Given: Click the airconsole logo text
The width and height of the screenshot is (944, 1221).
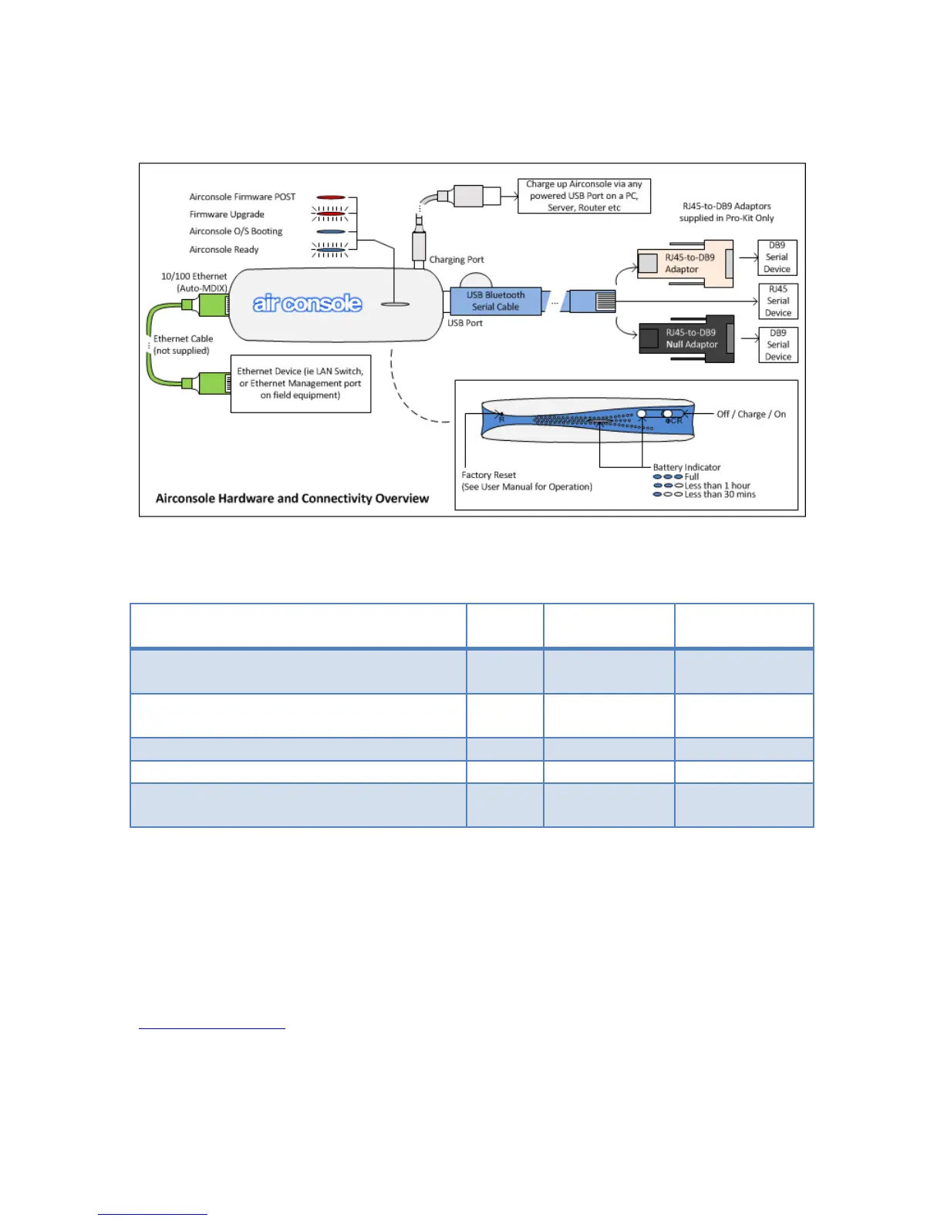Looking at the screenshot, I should pyautogui.click(x=307, y=303).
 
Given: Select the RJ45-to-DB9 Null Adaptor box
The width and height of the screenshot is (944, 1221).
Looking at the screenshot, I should pyautogui.click(x=686, y=338).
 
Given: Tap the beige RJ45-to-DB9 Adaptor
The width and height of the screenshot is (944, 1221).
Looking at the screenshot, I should pyautogui.click(x=685, y=264).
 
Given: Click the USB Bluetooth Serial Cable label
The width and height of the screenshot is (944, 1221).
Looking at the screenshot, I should pyautogui.click(x=495, y=301).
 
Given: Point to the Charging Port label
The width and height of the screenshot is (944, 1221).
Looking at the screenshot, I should pyautogui.click(x=457, y=260).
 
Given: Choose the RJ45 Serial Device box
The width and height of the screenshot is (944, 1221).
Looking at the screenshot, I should pyautogui.click(x=777, y=301).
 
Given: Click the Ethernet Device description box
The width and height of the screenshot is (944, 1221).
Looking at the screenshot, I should pyautogui.click(x=300, y=383).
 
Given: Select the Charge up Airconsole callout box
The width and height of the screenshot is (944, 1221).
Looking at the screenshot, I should pyautogui.click(x=584, y=196).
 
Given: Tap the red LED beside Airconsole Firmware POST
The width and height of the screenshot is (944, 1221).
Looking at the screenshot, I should pyautogui.click(x=330, y=197).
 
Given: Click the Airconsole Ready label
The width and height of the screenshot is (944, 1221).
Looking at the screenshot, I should pyautogui.click(x=224, y=250).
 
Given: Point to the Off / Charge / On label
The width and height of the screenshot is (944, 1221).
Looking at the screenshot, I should pyautogui.click(x=750, y=414).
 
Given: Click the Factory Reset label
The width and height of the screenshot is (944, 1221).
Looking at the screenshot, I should pyautogui.click(x=489, y=475).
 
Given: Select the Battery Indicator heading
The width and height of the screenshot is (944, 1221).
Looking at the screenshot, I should pyautogui.click(x=686, y=467).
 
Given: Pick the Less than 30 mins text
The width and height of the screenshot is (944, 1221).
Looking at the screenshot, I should pyautogui.click(x=720, y=495).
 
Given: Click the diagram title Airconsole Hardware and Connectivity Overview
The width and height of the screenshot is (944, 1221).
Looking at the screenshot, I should pyautogui.click(x=292, y=499).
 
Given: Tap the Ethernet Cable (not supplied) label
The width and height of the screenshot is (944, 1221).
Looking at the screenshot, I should pyautogui.click(x=183, y=345).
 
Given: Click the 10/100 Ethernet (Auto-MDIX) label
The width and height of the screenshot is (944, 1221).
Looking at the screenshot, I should pyautogui.click(x=194, y=282).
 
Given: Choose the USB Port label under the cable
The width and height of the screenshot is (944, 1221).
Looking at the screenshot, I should pyautogui.click(x=465, y=323).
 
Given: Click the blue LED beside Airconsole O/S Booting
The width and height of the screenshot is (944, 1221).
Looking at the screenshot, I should pyautogui.click(x=330, y=231).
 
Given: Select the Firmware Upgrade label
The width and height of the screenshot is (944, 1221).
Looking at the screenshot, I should pyautogui.click(x=227, y=214).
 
